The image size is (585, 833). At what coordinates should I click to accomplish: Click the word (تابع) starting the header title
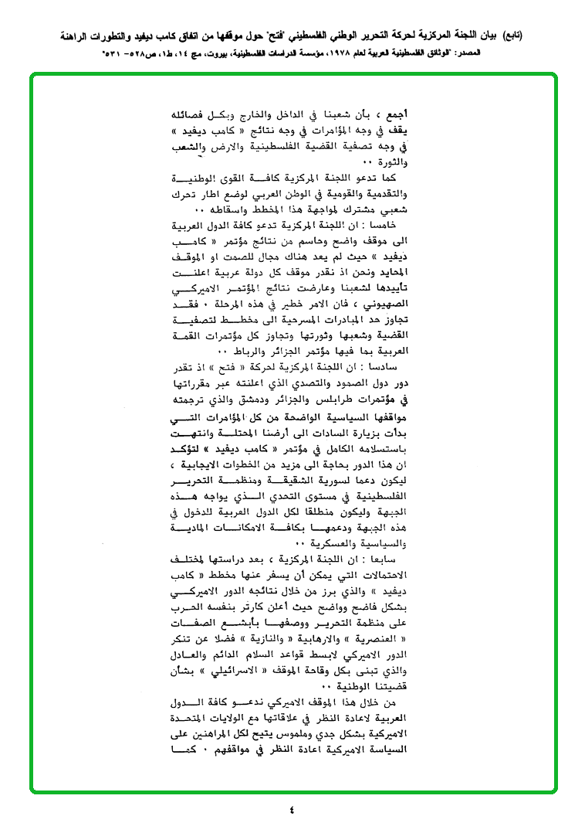click(x=510, y=36)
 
